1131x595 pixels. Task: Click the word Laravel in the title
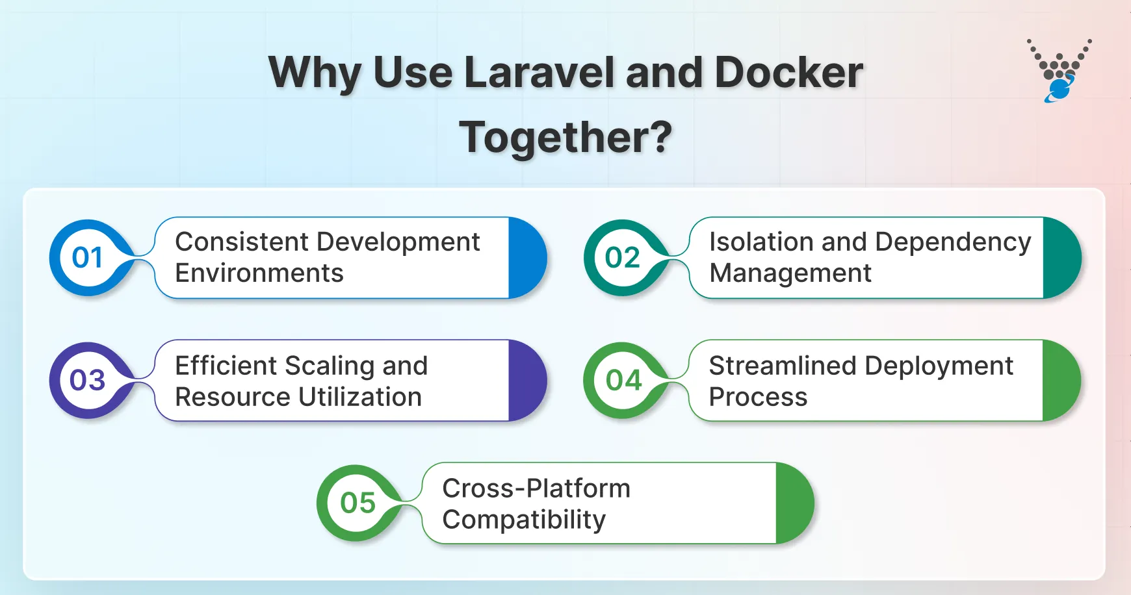538,73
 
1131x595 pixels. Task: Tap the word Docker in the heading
788,73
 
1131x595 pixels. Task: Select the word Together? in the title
565,138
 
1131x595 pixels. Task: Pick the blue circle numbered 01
88,258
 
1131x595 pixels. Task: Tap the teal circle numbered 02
622,258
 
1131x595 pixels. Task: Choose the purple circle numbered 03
88,381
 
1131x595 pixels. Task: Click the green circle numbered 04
623,381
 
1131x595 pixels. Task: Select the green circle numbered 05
357,503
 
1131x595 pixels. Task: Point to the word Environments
259,273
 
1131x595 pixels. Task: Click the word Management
790,273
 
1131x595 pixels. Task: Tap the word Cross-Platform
536,488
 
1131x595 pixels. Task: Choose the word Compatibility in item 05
524,520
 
